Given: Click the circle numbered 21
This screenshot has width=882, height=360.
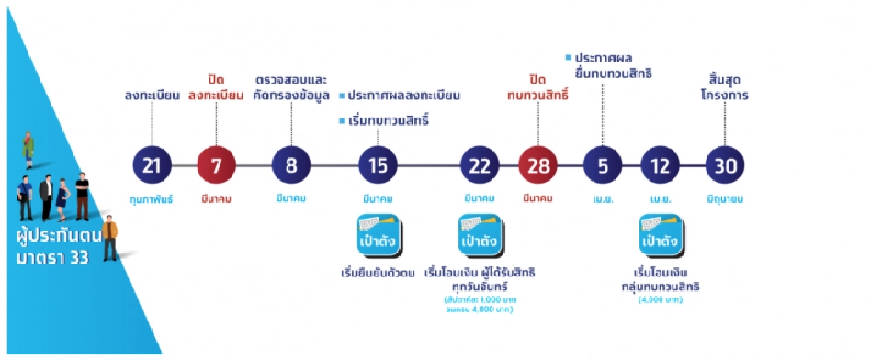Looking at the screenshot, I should (x=152, y=166).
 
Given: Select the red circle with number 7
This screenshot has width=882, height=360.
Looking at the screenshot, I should (x=216, y=166).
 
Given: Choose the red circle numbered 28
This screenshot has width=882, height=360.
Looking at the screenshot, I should (x=538, y=166).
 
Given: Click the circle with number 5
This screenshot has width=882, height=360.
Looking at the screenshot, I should (x=604, y=166).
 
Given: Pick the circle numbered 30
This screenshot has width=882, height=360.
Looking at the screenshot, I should (x=725, y=166).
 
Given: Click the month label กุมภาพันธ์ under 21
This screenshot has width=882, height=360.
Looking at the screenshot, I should (x=152, y=197).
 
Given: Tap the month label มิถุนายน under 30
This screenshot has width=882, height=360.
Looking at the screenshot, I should (x=725, y=197).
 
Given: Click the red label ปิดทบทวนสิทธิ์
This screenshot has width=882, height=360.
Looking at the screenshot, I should (x=538, y=88).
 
